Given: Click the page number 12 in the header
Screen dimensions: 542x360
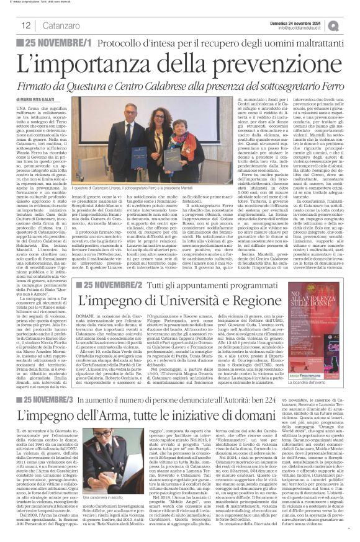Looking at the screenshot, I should [26, 25].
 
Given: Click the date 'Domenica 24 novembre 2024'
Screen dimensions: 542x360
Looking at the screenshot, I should [308, 21].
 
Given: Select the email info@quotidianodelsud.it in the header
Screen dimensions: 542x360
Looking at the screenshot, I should [308, 28].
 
